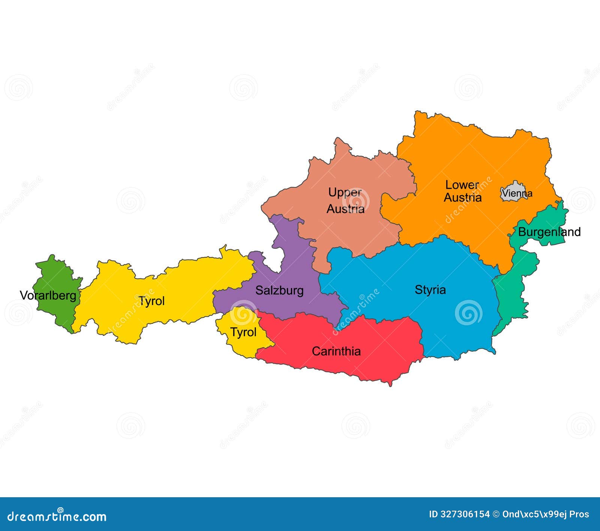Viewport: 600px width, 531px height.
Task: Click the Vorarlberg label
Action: (48, 295)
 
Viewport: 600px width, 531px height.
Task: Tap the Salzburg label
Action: (279, 290)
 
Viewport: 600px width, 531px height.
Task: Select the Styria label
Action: (430, 289)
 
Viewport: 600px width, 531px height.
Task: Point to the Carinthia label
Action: (336, 351)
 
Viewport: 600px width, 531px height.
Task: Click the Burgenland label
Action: (549, 232)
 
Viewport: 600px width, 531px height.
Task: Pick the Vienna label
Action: (517, 193)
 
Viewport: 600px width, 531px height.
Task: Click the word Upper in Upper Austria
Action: (345, 192)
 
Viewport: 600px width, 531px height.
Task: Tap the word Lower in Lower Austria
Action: (462, 185)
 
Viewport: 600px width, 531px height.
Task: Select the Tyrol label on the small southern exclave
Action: (243, 332)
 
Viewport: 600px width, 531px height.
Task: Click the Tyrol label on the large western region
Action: (151, 301)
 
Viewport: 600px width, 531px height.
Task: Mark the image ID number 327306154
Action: (466, 514)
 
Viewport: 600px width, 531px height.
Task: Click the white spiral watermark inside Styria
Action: (468, 312)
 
